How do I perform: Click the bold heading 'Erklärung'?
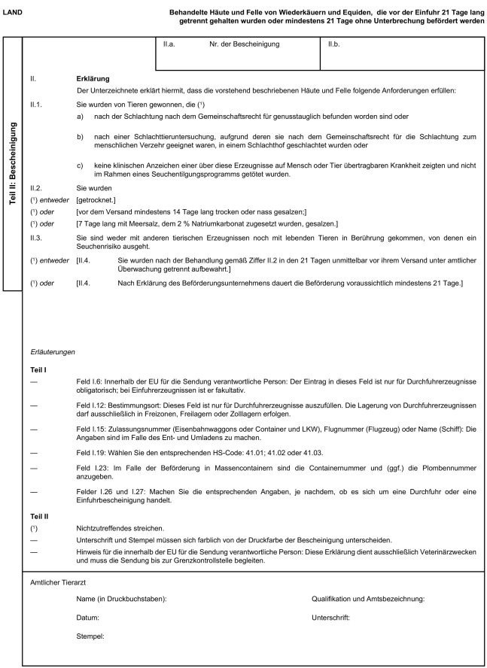[x=93, y=78]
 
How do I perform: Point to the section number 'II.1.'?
[x=37, y=105]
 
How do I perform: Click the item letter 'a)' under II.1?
[x=81, y=117]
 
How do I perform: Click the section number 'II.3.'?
[x=37, y=238]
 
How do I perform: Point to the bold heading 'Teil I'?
[x=38, y=370]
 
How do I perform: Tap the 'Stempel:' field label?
[x=90, y=636]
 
